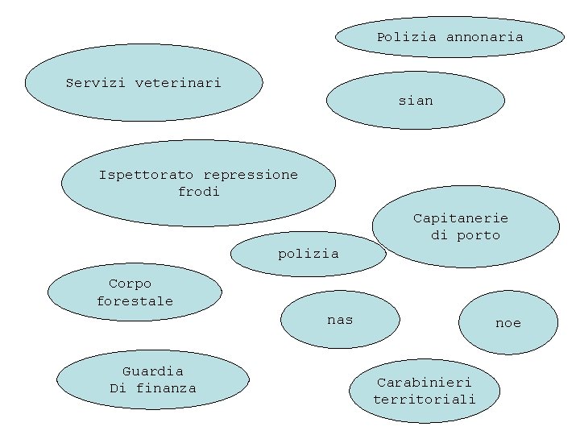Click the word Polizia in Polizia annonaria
tap(407, 37)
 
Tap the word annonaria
tap(484, 37)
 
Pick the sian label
tap(416, 101)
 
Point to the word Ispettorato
tap(147, 175)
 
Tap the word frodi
tap(198, 192)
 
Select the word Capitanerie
tap(461, 218)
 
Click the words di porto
tap(466, 235)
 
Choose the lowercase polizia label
tap(309, 254)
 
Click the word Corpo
tap(130, 284)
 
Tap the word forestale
tap(135, 301)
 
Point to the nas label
tap(340, 320)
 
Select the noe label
tap(508, 323)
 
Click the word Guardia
tap(152, 371)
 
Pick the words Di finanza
tap(152, 388)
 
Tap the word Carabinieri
tap(425, 382)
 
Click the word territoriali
tap(425, 399)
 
